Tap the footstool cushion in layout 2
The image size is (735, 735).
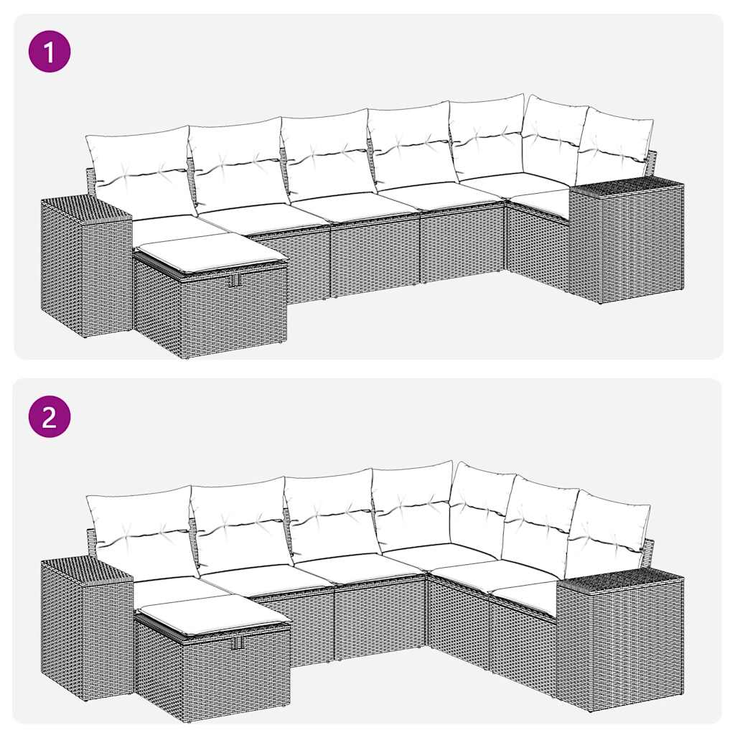(212, 614)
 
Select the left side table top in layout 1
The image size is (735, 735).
(85, 208)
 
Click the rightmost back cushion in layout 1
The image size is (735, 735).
(615, 147)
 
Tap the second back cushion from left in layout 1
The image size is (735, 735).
(235, 163)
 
